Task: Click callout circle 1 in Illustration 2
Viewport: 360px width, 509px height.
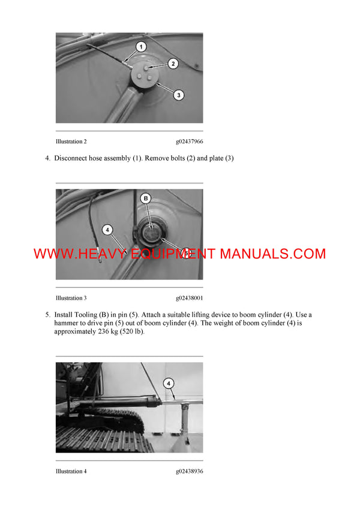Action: click(140, 47)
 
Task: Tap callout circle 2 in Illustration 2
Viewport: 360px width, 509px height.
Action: click(172, 63)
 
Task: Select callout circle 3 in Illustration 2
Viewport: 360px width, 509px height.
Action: click(178, 94)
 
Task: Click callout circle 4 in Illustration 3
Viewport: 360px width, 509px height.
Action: click(107, 229)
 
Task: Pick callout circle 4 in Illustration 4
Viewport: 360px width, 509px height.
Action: click(169, 382)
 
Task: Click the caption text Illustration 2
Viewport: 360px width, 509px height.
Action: click(71, 142)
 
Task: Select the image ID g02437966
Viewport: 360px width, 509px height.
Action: click(189, 142)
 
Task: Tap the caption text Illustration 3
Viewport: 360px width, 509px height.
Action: click(71, 298)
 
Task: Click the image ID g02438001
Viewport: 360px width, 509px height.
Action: click(189, 298)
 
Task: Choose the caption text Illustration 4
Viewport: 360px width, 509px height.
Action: click(71, 471)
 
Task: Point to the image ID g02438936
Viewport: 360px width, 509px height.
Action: click(189, 471)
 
